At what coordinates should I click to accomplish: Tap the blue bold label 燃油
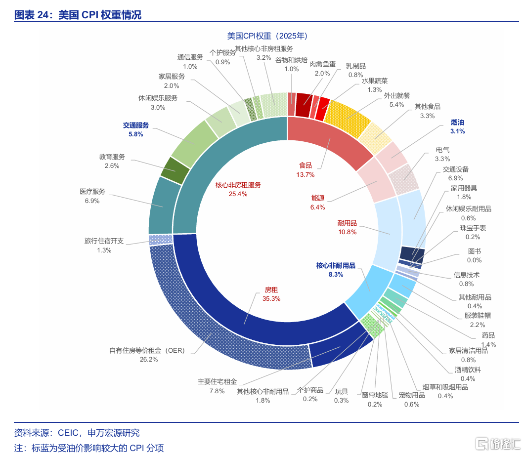pyautogui.click(x=457, y=122)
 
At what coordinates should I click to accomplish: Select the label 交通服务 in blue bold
pyautogui.click(x=136, y=125)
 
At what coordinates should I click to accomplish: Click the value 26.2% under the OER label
pyautogui.click(x=148, y=359)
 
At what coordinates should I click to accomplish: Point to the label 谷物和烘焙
pyautogui.click(x=291, y=60)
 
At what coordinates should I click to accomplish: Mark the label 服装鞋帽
pyautogui.click(x=478, y=315)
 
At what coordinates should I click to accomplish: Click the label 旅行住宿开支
pyautogui.click(x=104, y=241)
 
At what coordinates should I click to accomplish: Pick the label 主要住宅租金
pyautogui.click(x=218, y=381)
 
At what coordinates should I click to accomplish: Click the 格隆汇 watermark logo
pyautogui.click(x=494, y=443)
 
